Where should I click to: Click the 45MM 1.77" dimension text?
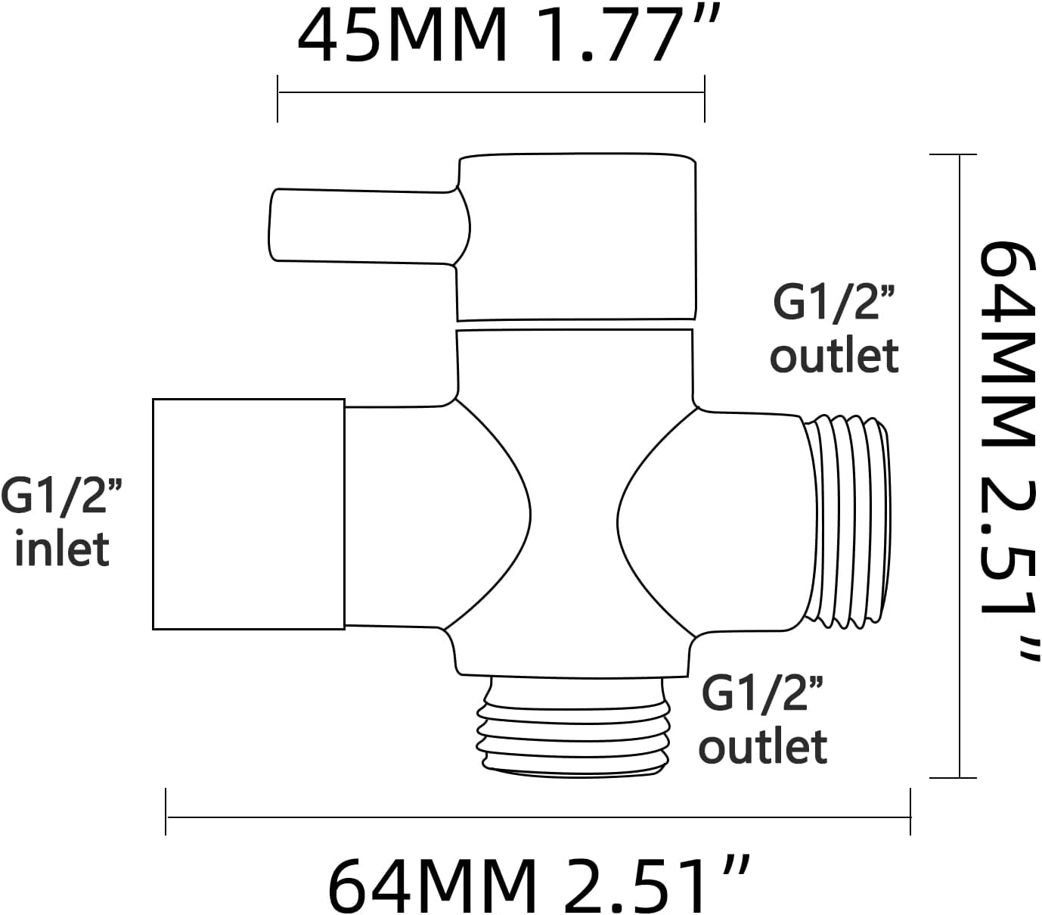point(503,36)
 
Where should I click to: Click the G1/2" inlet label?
point(62,522)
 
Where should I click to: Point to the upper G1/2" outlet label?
point(834,329)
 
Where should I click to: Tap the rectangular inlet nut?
point(249,514)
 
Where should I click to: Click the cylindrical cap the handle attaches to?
point(576,238)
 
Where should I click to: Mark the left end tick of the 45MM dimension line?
point(278,98)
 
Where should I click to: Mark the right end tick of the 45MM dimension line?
point(705,98)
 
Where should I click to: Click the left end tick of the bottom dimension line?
point(166,812)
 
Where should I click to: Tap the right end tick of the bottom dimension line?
point(910,812)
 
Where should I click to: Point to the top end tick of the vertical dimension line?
point(959,154)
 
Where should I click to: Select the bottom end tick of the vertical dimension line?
point(959,777)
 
